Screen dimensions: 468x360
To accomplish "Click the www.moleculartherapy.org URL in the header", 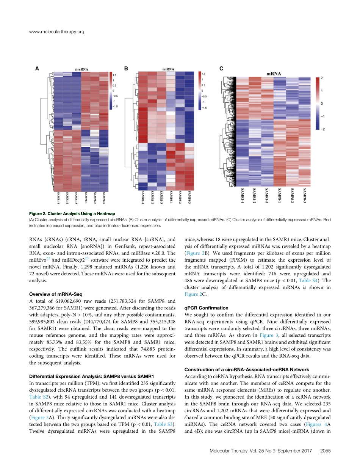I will [x=56, y=32].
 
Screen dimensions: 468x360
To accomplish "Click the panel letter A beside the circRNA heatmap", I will [x=38, y=69].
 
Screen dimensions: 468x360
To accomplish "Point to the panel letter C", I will [x=221, y=69].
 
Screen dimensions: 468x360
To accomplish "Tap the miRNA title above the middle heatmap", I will [x=168, y=69].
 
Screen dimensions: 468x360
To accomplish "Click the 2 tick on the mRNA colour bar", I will [x=322, y=78].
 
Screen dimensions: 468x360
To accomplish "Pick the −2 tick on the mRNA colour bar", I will [x=322, y=129].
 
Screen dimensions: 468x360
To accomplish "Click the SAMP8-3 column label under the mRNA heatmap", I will [x=304, y=198].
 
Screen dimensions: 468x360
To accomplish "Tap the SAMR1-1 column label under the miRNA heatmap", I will [x=143, y=198].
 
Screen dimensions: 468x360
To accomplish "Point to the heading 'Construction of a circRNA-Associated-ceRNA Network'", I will [x=247, y=369].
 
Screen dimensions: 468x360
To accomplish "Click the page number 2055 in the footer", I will [x=326, y=451].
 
